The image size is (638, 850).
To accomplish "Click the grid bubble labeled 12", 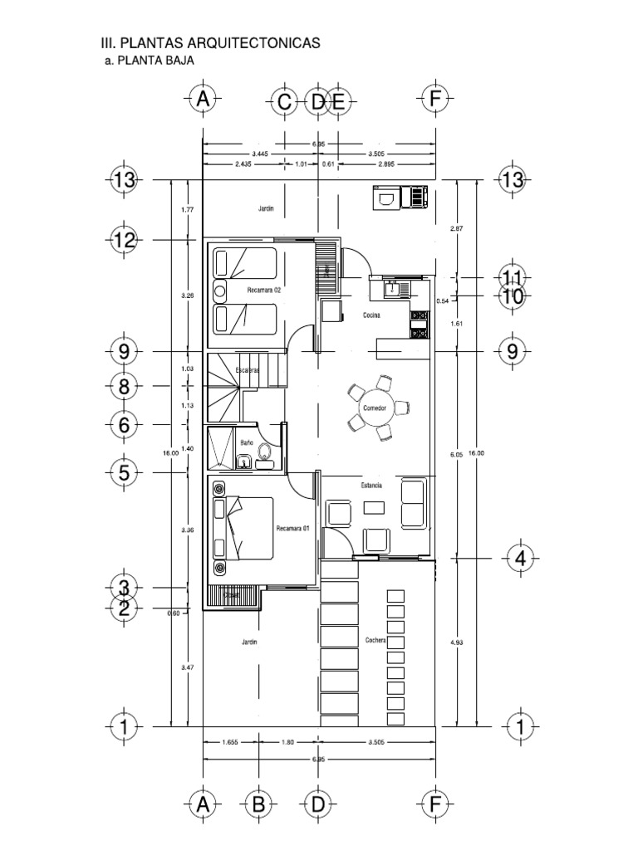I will click(x=125, y=241).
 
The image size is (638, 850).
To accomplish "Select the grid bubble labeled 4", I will click(x=521, y=559).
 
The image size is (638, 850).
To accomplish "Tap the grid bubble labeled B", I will click(x=258, y=804).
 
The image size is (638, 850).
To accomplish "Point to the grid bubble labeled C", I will click(x=284, y=101).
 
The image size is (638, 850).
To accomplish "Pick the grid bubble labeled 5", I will click(x=125, y=473).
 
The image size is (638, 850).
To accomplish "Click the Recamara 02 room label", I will click(x=264, y=291).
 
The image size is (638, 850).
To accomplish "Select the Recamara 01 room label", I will click(x=292, y=528).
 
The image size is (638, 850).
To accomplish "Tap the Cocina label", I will click(x=371, y=315).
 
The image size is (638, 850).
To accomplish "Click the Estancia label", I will click(x=371, y=486).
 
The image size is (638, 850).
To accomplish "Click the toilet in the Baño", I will click(x=264, y=452).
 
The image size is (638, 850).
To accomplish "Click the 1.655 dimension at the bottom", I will click(x=231, y=743).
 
